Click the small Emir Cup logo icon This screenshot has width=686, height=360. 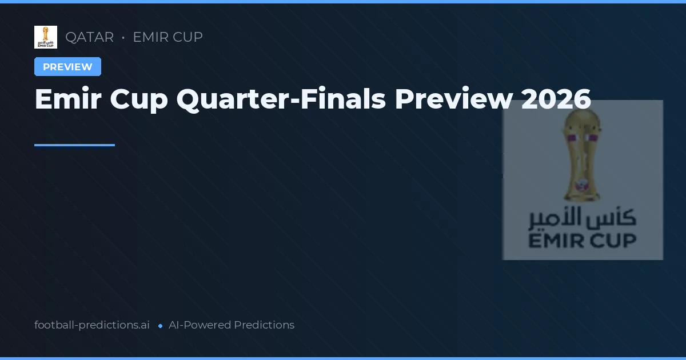46,37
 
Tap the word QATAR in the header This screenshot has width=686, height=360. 89,37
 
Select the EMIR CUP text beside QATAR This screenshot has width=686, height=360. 167,37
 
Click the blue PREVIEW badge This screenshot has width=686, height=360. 67,67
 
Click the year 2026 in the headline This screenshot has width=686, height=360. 556,99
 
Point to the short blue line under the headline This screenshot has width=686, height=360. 74,145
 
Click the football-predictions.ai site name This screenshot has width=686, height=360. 92,325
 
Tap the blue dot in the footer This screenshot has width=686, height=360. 160,326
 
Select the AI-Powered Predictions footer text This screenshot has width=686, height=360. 232,325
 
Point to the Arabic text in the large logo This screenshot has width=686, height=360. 582,218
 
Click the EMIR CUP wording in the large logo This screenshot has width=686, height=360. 582,241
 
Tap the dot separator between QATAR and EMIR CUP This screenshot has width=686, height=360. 123,38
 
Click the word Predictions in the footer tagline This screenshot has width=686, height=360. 264,325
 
